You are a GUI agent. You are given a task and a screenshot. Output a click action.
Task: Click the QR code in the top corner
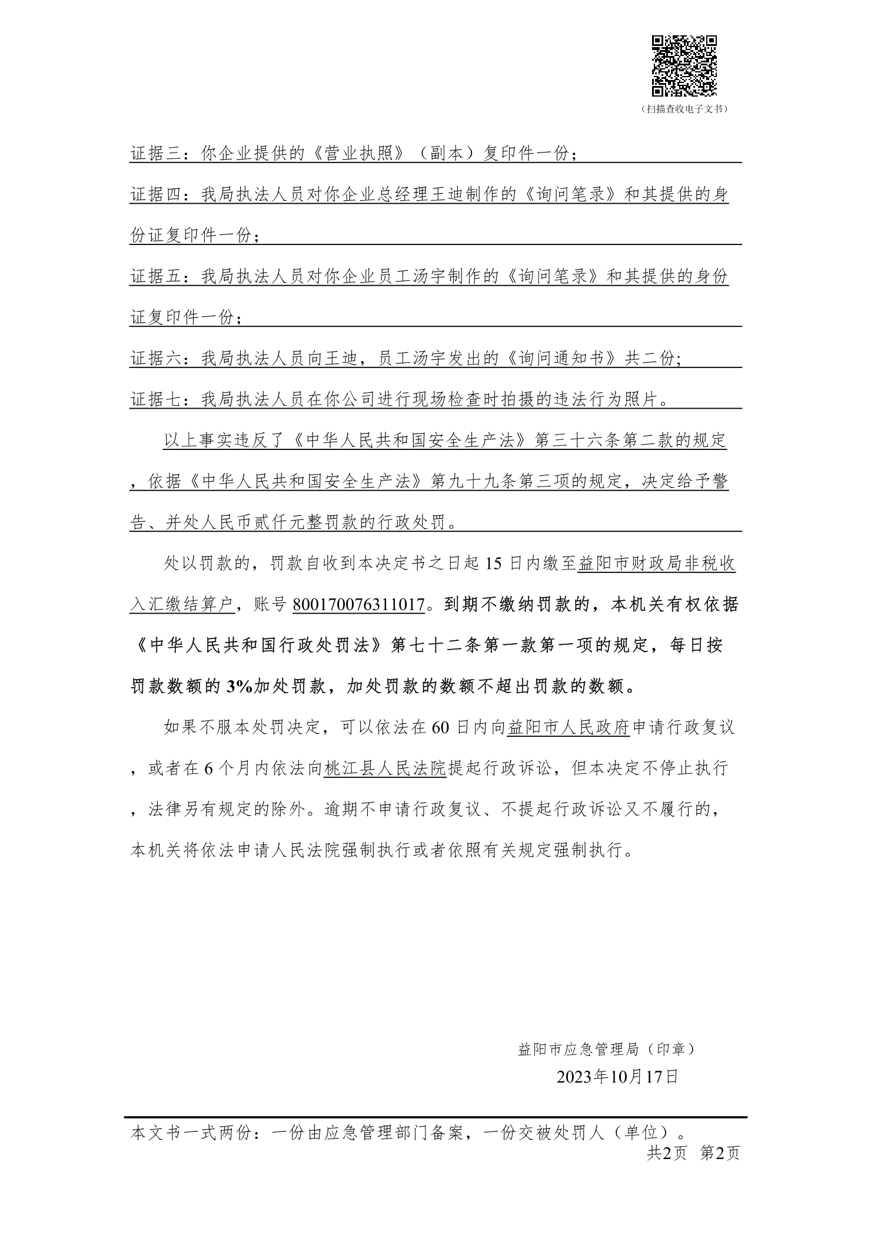[684, 65]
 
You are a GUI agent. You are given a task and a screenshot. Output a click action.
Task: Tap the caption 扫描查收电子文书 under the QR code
[684, 110]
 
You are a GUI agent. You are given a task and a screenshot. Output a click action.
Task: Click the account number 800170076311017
[359, 605]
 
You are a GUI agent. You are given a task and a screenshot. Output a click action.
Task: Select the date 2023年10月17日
[617, 1077]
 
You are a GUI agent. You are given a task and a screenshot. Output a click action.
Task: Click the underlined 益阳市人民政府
[569, 727]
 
